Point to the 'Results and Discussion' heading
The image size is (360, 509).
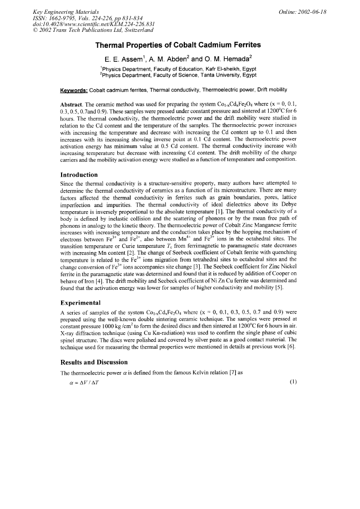coord(95,362)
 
